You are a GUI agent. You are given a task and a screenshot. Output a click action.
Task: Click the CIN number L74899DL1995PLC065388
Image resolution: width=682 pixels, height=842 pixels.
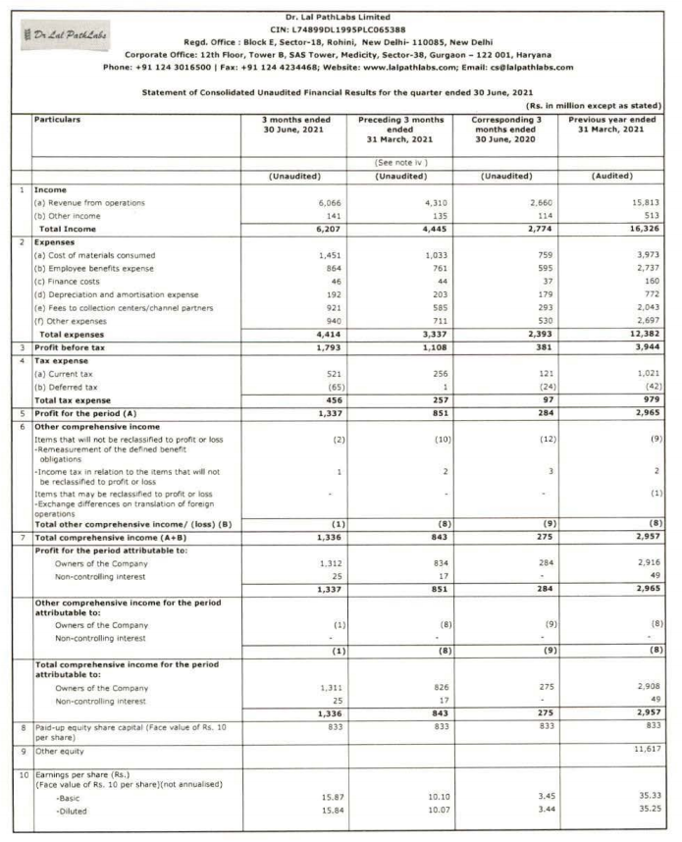(351, 29)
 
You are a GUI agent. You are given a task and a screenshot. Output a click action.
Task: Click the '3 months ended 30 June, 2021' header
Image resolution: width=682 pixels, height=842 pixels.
(297, 124)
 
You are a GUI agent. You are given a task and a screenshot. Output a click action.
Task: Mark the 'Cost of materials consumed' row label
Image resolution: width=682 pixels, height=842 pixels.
(88, 255)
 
